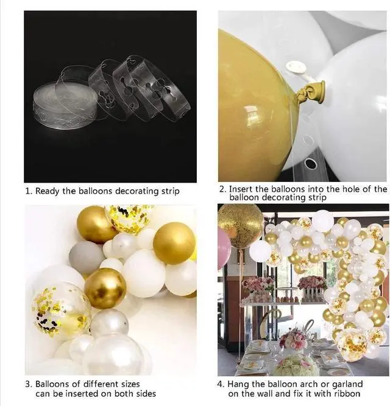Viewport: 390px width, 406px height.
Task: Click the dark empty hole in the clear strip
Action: point(311,163)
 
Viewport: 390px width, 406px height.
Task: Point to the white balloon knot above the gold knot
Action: point(296,67)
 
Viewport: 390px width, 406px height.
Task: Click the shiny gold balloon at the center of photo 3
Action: point(105,288)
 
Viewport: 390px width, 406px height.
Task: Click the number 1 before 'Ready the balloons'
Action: point(27,191)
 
